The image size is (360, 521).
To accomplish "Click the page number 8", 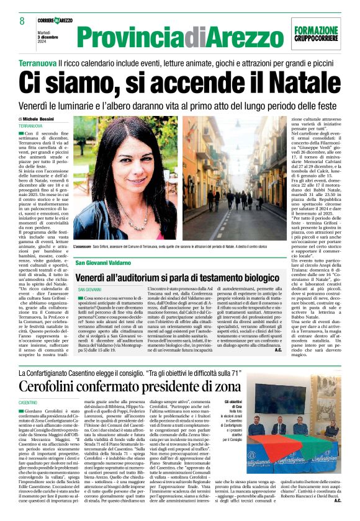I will point(22,22).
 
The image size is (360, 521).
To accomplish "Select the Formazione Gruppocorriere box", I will point(316,34).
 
